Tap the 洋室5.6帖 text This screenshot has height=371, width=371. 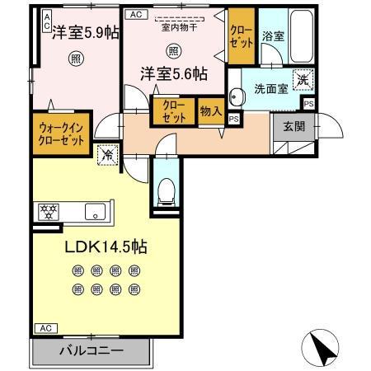coord(172,73)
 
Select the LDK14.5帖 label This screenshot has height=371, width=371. coord(100,246)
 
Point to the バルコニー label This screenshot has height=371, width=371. coord(91,350)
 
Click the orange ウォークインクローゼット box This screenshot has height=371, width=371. coord(62,133)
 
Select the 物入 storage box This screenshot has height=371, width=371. coord(210,111)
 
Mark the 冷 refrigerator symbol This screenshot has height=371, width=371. coord(107,154)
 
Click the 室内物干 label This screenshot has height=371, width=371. coord(174,26)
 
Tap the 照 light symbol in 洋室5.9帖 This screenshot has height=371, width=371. coord(75,59)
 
